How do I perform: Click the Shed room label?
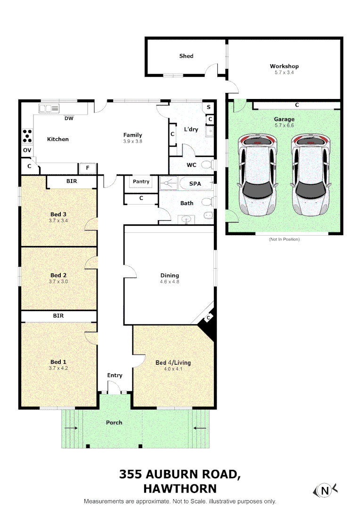[x=186, y=56]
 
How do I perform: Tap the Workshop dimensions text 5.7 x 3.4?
[x=284, y=73]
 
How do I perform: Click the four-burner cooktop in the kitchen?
[x=27, y=136]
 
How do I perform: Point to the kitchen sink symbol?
[x=49, y=108]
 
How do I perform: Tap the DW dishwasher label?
[x=69, y=118]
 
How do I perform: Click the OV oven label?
[x=27, y=150]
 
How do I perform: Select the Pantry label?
[x=141, y=181]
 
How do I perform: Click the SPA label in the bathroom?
[x=195, y=183]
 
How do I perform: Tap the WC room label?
[x=191, y=165]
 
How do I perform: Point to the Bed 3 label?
[x=58, y=214]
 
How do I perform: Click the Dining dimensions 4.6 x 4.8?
[x=170, y=282]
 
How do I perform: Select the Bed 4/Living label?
[x=173, y=362]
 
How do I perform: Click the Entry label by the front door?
[x=115, y=375]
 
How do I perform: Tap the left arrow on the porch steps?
[x=71, y=428]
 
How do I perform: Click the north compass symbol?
[x=325, y=491]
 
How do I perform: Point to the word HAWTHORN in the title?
[x=180, y=489]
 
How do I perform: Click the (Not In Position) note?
[x=284, y=239]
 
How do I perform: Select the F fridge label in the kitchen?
[x=87, y=168]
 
